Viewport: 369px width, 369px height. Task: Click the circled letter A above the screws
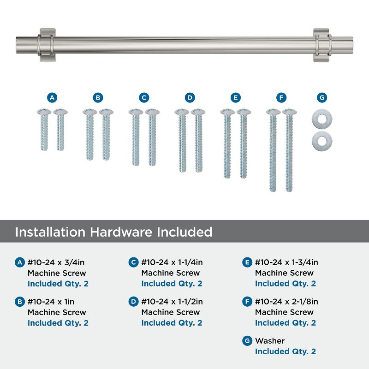[x=52, y=98]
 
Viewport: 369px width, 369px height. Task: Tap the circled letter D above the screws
[x=190, y=98]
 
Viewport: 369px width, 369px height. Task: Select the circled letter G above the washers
[x=322, y=98]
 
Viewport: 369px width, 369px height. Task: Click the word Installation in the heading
[x=50, y=232]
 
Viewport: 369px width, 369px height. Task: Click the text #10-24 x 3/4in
[x=56, y=263]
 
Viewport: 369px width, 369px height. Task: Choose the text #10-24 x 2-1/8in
[x=286, y=302]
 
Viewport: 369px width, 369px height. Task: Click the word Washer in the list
[x=270, y=341]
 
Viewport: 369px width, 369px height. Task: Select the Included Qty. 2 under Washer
[x=286, y=351]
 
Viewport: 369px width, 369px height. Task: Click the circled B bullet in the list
[x=20, y=302]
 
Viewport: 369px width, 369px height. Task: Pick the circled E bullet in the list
[x=247, y=263]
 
